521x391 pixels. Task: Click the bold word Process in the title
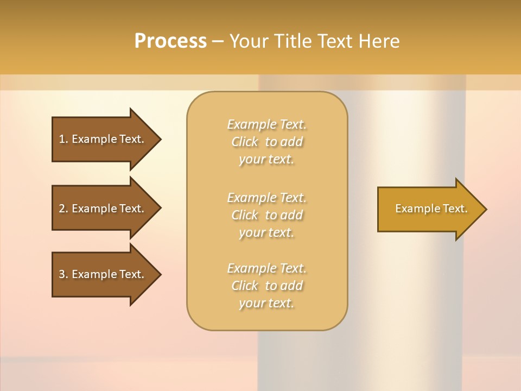tap(170, 41)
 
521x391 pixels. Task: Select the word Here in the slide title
tap(379, 41)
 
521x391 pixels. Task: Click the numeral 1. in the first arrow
tap(63, 139)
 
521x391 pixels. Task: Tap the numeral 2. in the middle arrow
tap(63, 209)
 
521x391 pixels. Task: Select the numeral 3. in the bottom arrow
tap(63, 274)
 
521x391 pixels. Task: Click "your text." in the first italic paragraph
tap(266, 159)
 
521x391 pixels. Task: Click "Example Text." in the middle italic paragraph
tap(266, 197)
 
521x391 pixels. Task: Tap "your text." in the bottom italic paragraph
tap(266, 303)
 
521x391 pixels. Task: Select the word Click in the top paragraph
tap(245, 142)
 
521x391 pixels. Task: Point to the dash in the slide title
tap(218, 41)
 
